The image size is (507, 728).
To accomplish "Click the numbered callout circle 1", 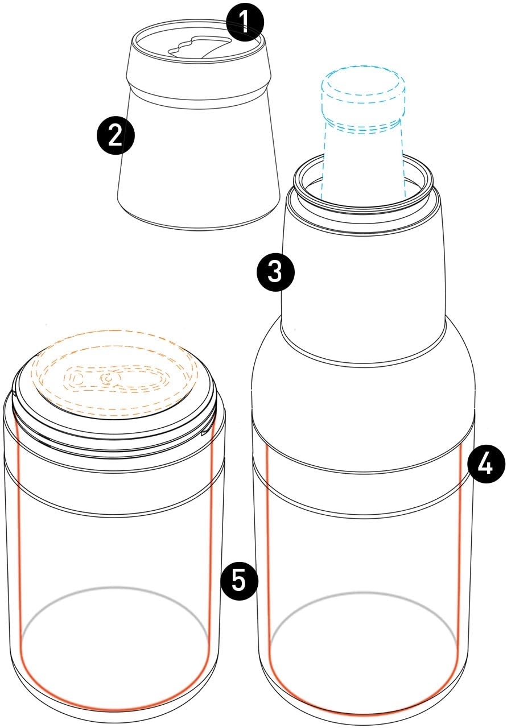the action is [245, 22].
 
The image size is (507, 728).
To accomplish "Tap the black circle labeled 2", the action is [116, 136].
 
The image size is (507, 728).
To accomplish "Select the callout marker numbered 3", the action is [275, 272].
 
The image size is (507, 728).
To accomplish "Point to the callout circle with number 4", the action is [486, 464].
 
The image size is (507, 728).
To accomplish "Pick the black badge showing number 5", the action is [239, 581].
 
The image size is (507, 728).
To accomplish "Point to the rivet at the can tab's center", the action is [107, 378].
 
